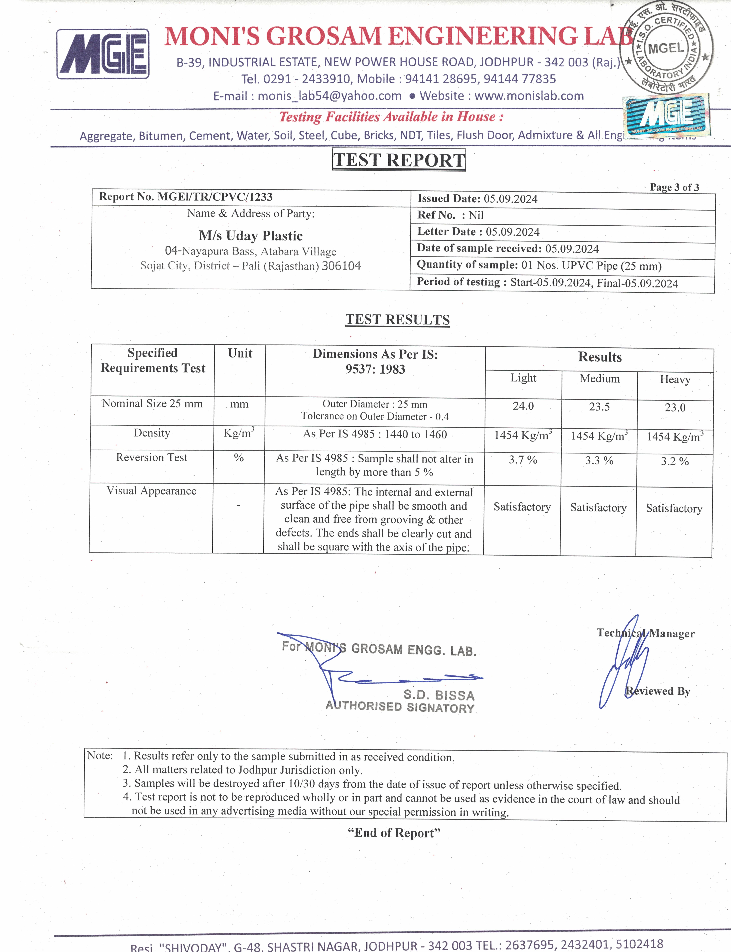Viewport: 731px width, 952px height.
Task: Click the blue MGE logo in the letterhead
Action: (103, 54)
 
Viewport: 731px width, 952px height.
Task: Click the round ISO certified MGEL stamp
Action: (666, 48)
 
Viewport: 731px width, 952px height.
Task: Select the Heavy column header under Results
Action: (675, 379)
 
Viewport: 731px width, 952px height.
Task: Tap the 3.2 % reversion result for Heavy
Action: (675, 461)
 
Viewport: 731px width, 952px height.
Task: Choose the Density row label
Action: (152, 433)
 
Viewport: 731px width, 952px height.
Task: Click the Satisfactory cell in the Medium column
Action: (598, 508)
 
